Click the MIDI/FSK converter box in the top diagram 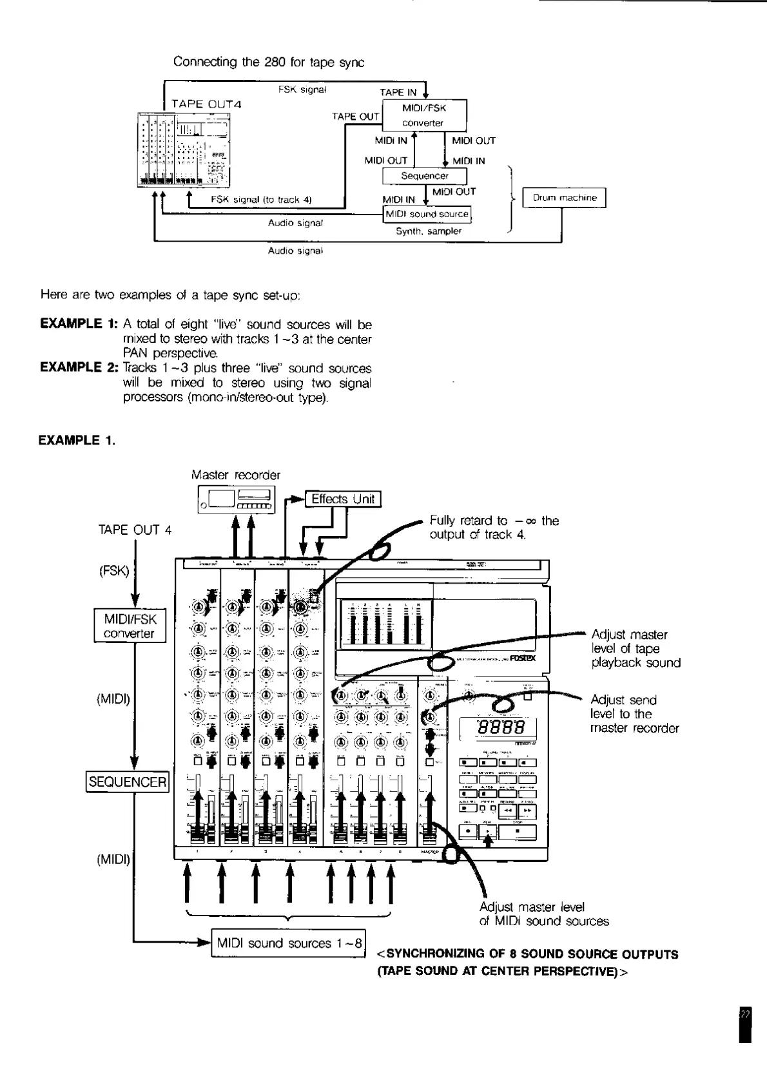[x=424, y=115]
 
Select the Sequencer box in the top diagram [x=424, y=176]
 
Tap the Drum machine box [x=564, y=198]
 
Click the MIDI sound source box [x=427, y=214]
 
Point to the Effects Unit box [x=342, y=499]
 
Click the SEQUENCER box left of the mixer [x=128, y=782]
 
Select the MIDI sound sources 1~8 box [x=288, y=944]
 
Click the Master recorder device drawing [x=236, y=500]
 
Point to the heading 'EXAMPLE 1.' [x=77, y=441]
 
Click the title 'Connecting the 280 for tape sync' [x=269, y=62]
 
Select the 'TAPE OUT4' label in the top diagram [x=206, y=104]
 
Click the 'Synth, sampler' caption [x=429, y=231]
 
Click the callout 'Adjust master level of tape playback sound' [x=635, y=649]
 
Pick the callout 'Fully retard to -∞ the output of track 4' [x=494, y=528]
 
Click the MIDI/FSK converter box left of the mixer [x=130, y=626]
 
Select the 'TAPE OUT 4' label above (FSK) [x=135, y=530]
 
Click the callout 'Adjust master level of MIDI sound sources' [x=543, y=914]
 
